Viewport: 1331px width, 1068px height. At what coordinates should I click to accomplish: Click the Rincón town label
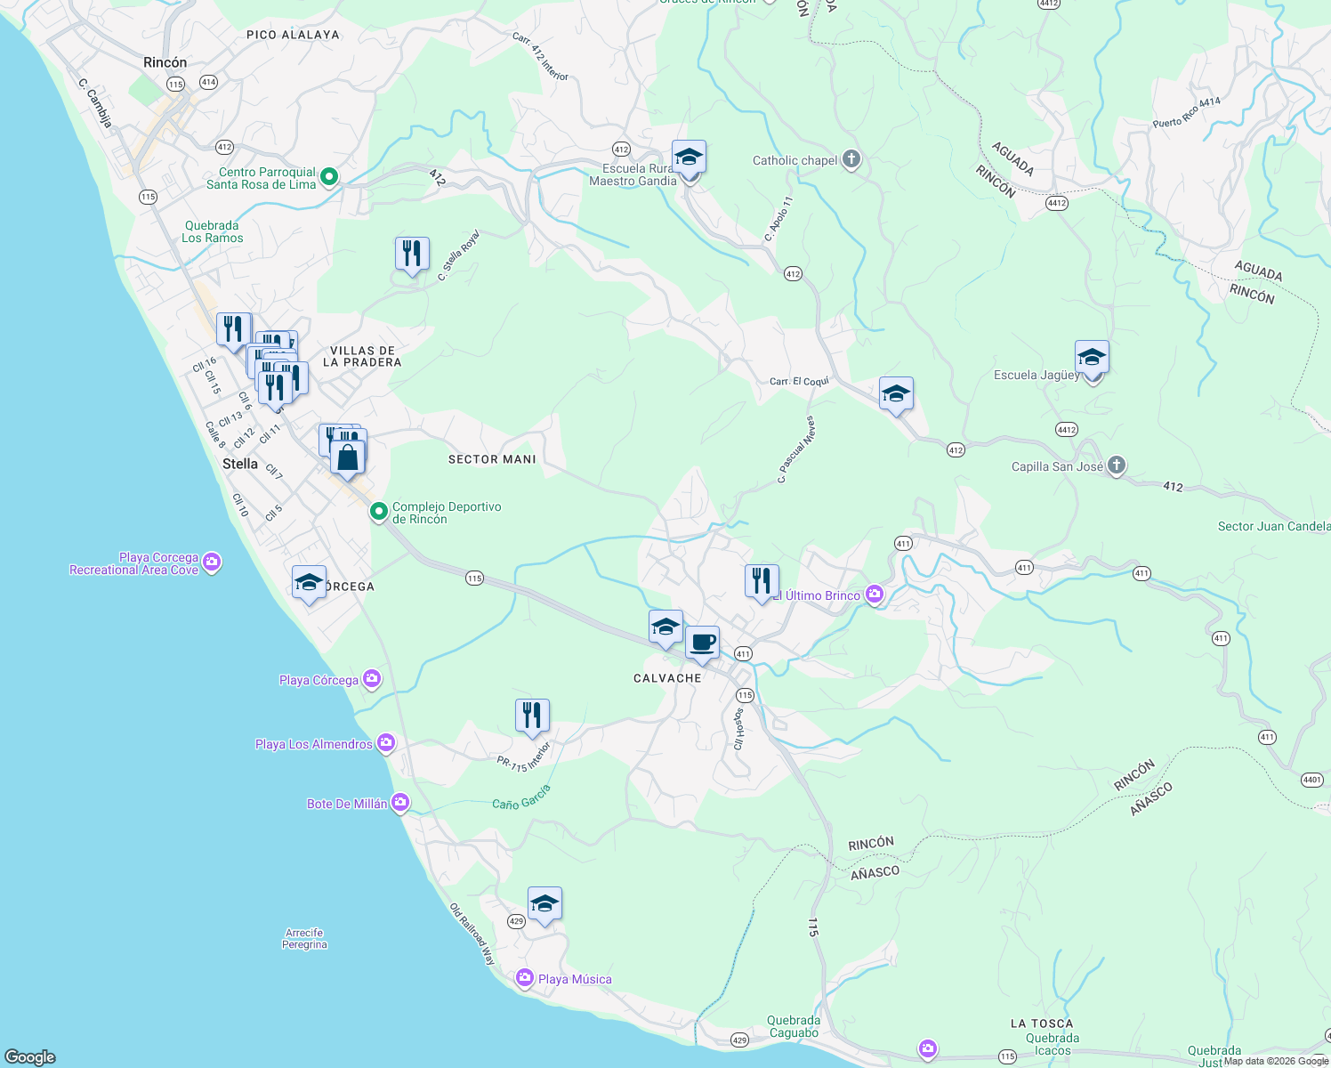165,62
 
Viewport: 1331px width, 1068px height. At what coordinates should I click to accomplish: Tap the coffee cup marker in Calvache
702,643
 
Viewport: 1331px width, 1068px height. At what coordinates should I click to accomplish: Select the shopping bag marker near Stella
348,457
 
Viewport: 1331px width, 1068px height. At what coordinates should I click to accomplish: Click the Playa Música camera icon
525,978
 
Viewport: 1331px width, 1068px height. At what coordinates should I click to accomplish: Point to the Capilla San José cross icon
1117,465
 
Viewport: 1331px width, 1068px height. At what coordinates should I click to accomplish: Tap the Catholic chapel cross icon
851,160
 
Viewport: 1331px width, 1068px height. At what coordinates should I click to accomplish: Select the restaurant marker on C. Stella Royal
412,255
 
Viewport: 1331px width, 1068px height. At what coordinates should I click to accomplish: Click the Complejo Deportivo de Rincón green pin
379,512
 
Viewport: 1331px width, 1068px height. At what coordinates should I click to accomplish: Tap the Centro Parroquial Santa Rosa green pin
329,177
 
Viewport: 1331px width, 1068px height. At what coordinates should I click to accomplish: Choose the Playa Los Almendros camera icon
386,743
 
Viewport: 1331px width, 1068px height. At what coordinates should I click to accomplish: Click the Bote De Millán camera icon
400,803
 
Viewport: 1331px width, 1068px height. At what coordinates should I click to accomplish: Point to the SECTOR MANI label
492,459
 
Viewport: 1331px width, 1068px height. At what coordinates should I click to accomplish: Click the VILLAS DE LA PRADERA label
362,356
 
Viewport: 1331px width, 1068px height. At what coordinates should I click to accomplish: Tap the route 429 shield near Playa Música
516,921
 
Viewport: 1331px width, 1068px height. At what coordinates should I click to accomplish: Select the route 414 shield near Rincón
208,82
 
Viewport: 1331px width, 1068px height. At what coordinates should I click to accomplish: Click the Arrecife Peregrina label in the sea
305,939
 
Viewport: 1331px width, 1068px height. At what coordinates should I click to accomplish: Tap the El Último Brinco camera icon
875,595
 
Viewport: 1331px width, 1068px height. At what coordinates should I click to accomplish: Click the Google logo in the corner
30,1057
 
